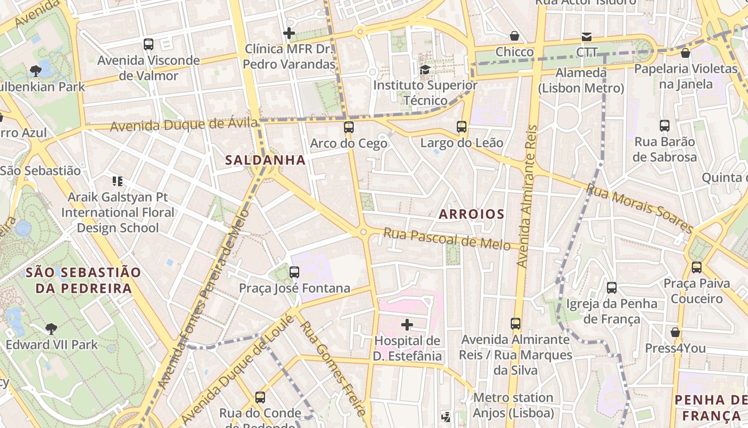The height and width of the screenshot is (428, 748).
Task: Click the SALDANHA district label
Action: (x=265, y=160)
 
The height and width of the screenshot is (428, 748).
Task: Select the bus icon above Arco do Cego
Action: (x=349, y=127)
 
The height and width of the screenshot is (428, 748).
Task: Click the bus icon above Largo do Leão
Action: (x=462, y=127)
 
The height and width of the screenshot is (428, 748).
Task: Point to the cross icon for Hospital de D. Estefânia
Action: (x=407, y=324)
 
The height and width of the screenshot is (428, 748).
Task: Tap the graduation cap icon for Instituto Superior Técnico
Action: (x=425, y=70)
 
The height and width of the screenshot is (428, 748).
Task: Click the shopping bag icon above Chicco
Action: (x=514, y=36)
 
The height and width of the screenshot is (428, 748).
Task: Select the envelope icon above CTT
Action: (x=587, y=37)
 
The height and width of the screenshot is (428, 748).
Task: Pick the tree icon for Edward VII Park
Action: (x=51, y=328)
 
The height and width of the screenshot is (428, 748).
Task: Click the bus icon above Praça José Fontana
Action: (x=294, y=272)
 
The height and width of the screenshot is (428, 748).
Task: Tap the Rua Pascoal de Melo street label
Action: (x=447, y=239)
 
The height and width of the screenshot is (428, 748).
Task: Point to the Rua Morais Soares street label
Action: (x=639, y=208)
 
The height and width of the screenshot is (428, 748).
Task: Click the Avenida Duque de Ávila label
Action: (x=184, y=125)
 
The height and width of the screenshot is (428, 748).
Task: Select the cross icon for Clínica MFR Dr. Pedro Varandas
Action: (x=289, y=33)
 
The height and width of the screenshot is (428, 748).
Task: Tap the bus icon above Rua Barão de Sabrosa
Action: (x=665, y=126)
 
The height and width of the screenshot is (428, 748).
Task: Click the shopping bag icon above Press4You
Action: (x=675, y=332)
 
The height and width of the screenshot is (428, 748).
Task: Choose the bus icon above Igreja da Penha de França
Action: (x=612, y=288)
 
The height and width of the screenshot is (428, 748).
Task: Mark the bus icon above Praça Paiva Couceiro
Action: (x=697, y=267)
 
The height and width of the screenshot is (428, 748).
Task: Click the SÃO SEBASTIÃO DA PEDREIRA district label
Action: (x=79, y=280)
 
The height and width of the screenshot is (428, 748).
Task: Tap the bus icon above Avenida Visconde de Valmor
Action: (x=149, y=44)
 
